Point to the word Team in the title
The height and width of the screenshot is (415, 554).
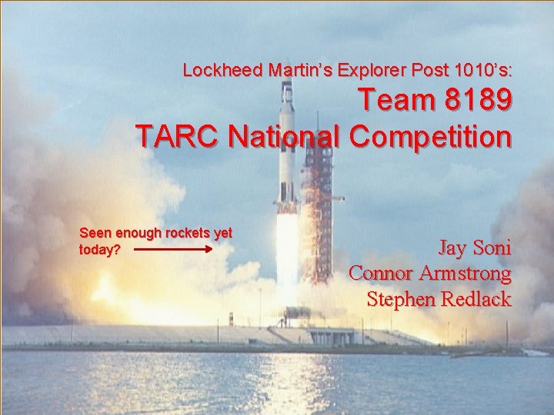click(393, 103)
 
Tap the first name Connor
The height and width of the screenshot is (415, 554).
click(380, 274)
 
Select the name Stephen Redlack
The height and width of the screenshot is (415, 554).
click(439, 299)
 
